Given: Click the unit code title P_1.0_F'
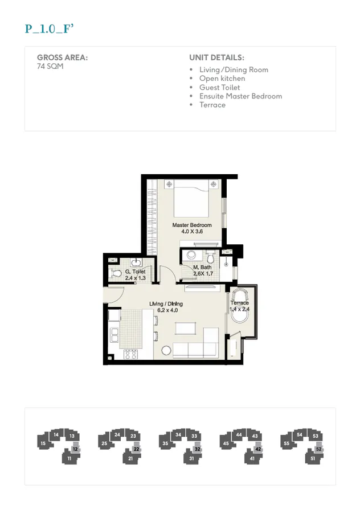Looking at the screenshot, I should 50,29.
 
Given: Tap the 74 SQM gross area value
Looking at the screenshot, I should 50,66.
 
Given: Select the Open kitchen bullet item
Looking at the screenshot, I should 222,79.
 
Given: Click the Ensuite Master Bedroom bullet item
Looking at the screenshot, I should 240,96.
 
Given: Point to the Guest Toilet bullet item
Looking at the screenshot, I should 219,88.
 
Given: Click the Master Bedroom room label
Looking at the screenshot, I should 192,225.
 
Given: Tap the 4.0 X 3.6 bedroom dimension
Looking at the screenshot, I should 192,232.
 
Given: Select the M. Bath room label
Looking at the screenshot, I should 202,268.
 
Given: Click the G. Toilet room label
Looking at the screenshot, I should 135,272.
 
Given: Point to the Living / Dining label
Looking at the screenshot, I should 164,304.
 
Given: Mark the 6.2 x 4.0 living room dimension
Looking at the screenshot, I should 164,311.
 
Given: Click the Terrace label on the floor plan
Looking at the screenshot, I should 239,303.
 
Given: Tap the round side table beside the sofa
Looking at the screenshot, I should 166,350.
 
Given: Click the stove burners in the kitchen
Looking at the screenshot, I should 130,354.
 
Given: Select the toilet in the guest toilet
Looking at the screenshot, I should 117,274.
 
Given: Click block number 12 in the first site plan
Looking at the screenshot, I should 75,449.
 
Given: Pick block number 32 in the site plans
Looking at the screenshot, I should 197,449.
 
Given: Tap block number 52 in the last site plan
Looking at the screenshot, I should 319,449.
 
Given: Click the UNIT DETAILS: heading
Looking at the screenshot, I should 216,58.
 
